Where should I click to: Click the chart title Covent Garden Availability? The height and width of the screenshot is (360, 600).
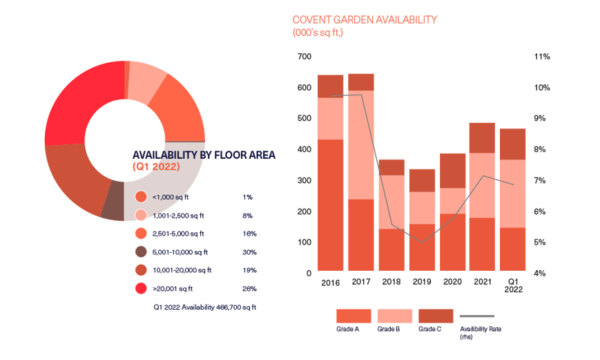(365, 20)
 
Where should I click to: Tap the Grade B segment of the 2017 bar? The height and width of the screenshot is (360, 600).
(360, 144)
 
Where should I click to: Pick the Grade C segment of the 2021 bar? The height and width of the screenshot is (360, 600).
(482, 138)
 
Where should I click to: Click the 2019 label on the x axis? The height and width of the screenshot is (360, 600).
(421, 282)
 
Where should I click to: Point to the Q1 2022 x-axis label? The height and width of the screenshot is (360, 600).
(512, 285)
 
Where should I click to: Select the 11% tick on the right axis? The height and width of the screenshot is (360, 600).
(541, 57)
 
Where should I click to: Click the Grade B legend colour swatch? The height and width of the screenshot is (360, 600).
(394, 316)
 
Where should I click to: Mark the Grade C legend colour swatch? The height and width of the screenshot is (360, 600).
(435, 316)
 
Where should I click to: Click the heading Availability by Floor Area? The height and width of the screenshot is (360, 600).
(204, 155)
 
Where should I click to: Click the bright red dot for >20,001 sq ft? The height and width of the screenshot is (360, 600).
(142, 288)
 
